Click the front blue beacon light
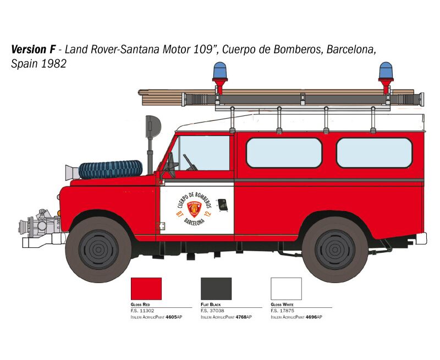click(220, 70)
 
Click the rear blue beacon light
click(386, 70)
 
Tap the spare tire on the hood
click(111, 169)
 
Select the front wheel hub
click(98, 250)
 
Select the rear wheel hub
click(335, 250)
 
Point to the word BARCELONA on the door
click(194, 220)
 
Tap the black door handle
click(223, 205)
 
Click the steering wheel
click(170, 165)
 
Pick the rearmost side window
click(375, 153)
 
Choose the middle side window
click(284, 153)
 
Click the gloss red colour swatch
click(146, 289)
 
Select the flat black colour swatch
click(216, 289)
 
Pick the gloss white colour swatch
click(286, 289)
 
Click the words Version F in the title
click(34, 49)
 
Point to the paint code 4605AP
click(174, 317)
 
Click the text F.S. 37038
click(212, 311)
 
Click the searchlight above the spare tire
click(153, 126)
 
